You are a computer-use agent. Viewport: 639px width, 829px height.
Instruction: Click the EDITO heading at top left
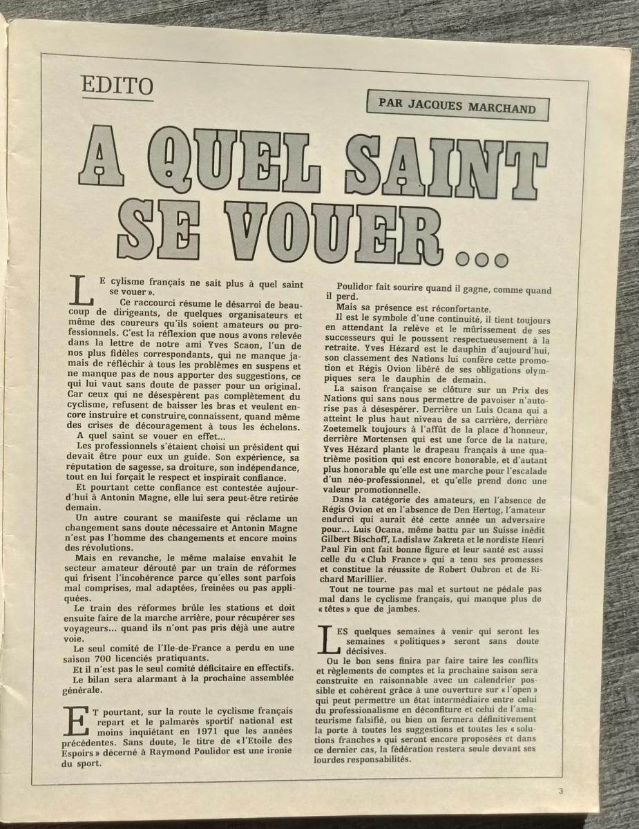tap(116, 87)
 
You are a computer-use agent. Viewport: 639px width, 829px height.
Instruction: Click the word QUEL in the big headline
tap(240, 158)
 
